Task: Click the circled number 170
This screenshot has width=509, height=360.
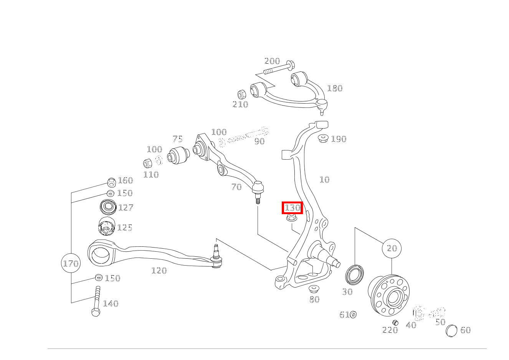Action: (71, 263)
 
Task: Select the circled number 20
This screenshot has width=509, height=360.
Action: (391, 248)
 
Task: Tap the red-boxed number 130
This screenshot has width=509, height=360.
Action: (292, 208)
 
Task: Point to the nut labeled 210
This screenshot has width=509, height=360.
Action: (241, 94)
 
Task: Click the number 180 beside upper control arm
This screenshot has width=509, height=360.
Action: (334, 88)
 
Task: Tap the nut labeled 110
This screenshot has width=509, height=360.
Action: (147, 163)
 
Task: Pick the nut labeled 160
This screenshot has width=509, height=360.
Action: (111, 182)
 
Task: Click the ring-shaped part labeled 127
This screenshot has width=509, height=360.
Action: (108, 208)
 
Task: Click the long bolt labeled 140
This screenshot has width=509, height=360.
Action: (96, 301)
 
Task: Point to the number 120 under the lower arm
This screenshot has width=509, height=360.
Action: (159, 271)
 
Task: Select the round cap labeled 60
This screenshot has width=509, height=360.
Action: (451, 330)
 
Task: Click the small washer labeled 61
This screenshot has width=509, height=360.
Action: (353, 315)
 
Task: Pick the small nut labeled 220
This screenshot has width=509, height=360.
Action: (395, 322)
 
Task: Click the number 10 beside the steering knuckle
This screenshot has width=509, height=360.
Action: (324, 180)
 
